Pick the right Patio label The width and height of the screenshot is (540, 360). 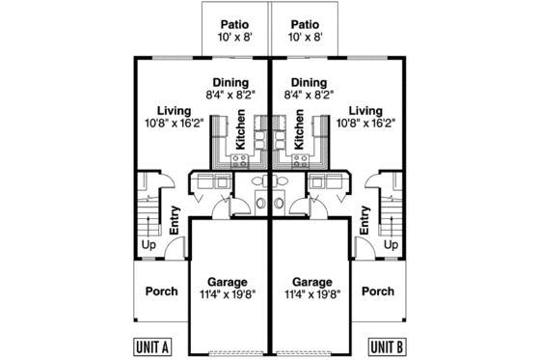pos(305,25)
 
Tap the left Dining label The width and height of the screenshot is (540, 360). pos(228,83)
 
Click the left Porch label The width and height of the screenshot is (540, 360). pos(161,291)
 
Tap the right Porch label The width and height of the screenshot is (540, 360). pos(377,291)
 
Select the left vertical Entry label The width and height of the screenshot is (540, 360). pos(175,223)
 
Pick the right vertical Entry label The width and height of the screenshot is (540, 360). pos(364,223)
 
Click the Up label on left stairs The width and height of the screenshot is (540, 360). pos(148,245)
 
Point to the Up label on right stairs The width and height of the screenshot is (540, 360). pos(391,245)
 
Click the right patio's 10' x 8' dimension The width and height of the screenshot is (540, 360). pos(305,39)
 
